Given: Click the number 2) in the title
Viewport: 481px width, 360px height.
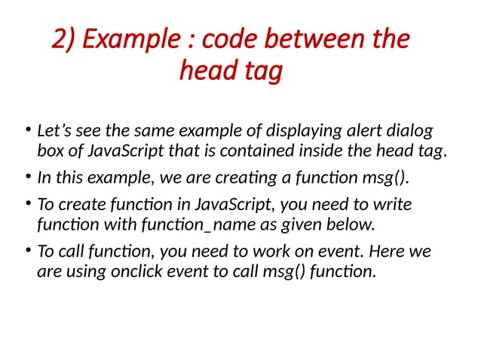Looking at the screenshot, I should pos(63,39).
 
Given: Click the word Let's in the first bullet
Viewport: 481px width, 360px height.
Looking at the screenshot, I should pos(57,130).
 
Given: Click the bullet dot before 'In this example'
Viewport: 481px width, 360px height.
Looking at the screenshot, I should pos(26,178).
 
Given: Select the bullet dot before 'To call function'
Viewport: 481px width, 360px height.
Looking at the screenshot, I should pos(26,252).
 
